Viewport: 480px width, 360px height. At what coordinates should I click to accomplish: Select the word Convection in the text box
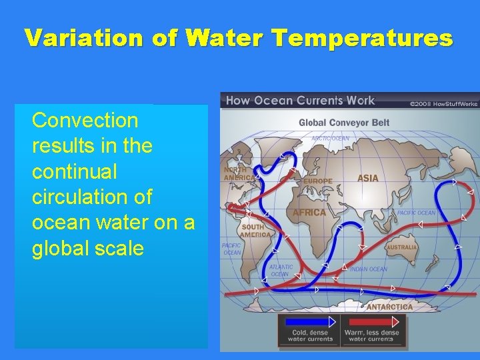(x=85, y=121)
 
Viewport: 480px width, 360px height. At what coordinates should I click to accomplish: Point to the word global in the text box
(x=63, y=249)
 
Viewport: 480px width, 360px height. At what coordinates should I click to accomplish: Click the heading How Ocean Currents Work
(x=300, y=101)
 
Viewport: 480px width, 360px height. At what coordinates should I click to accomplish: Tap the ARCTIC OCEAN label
(x=330, y=139)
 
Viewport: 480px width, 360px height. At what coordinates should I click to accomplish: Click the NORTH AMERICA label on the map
(x=239, y=173)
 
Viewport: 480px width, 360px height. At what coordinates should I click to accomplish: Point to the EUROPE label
(x=317, y=181)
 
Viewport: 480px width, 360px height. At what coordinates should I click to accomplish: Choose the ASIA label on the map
(x=367, y=178)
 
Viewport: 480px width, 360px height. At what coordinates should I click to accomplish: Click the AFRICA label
(x=309, y=213)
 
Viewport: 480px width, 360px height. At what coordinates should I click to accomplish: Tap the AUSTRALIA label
(x=401, y=247)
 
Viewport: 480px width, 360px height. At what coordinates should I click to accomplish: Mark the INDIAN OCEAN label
(x=369, y=269)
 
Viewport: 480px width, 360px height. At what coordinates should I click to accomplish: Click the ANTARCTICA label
(x=389, y=307)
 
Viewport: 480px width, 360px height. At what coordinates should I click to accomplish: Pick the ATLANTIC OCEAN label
(x=281, y=270)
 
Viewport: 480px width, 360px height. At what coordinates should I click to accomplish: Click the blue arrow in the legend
(x=309, y=322)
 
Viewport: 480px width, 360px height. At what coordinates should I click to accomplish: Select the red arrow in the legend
(x=371, y=322)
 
